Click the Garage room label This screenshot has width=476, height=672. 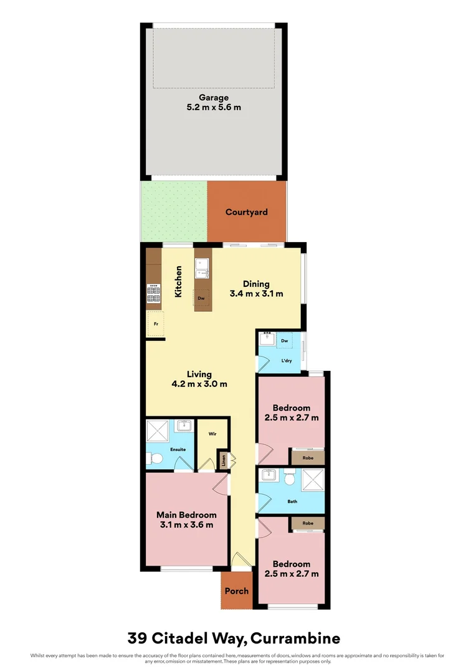tap(214, 98)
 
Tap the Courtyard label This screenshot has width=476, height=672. tap(247, 212)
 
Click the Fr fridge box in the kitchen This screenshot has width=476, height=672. tap(155, 324)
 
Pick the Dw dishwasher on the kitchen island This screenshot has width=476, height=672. tap(201, 298)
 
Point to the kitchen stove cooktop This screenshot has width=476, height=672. tap(153, 294)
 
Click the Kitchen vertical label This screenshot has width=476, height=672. tap(178, 281)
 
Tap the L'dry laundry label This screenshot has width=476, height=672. tap(287, 361)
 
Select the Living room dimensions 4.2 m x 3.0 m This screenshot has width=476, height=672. tap(199, 384)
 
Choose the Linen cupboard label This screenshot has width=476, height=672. tap(223, 461)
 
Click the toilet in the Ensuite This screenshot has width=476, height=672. tap(155, 459)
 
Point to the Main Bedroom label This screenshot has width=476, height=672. tap(186, 515)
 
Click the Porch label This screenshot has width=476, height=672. tap(236, 591)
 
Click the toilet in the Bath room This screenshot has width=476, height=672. tap(290, 479)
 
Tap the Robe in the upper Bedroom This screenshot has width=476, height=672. tap(308, 457)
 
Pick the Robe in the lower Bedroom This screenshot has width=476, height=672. tap(308, 523)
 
